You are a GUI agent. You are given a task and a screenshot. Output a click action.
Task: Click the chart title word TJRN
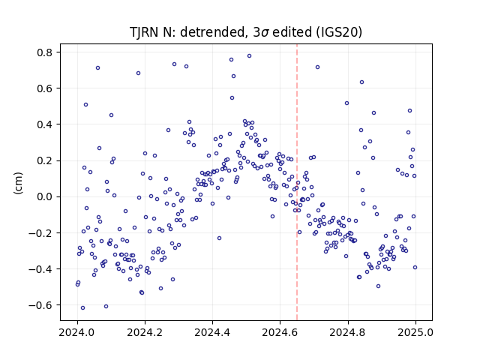coord(142,32)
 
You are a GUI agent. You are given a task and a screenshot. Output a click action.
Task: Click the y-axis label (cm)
coord(18,183)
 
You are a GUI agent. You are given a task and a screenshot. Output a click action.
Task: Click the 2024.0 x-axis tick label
coord(77,332)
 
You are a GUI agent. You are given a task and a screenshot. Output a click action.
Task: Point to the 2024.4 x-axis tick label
coord(212,332)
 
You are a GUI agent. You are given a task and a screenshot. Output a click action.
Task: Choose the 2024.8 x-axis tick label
coord(348,332)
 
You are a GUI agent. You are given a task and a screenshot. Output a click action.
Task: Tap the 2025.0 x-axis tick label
coord(415,332)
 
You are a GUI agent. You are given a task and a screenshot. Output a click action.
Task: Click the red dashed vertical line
coord(297,182)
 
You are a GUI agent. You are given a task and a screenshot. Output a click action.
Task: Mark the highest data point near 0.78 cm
coord(249,56)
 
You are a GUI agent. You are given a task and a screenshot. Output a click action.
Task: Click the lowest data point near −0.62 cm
coord(82,308)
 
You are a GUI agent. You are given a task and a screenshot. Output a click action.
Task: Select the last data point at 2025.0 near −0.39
coord(415,268)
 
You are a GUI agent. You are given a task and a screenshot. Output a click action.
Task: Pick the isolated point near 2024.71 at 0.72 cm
coord(318,67)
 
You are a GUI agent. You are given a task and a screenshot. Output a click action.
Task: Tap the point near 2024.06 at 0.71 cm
coord(98,68)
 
